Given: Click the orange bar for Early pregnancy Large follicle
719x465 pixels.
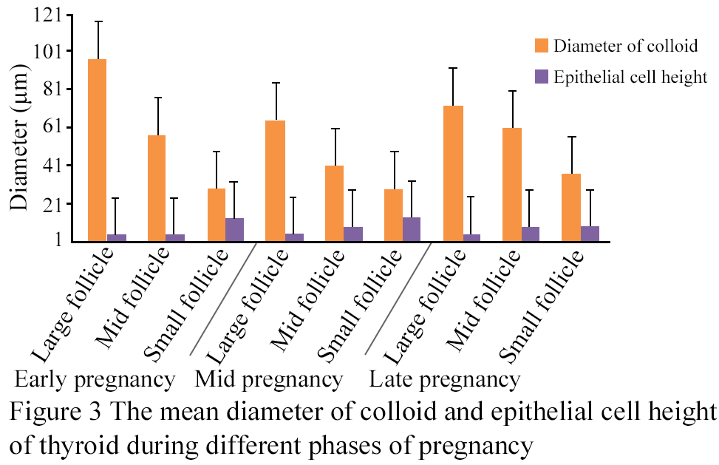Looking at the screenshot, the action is (x=98, y=150).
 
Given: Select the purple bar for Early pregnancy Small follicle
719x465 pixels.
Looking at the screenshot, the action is (x=234, y=229).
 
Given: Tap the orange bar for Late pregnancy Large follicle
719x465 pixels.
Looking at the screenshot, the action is (x=454, y=173).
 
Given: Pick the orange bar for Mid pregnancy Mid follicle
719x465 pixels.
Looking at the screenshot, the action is (x=334, y=203).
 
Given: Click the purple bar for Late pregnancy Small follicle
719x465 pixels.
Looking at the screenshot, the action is (x=590, y=234).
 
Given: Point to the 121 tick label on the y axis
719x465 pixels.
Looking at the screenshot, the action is (x=47, y=15).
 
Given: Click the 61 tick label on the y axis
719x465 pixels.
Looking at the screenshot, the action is (x=52, y=127).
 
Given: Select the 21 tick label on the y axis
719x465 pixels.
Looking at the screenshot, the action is (x=52, y=203).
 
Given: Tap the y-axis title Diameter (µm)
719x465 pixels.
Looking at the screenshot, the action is (x=20, y=138).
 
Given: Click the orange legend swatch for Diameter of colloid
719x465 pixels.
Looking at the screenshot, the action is (x=542, y=46).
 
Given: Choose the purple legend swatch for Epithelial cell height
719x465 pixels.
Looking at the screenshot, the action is (x=542, y=77).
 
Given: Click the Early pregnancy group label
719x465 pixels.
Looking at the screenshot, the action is (x=95, y=380).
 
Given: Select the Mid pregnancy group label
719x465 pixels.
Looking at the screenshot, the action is (x=269, y=380).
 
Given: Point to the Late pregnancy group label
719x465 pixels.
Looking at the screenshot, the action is (x=445, y=380).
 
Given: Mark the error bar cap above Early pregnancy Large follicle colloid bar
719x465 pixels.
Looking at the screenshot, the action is (x=98, y=21).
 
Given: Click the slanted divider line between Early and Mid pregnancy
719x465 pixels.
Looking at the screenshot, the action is (x=222, y=299).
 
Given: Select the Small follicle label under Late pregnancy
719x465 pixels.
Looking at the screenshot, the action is (x=541, y=306).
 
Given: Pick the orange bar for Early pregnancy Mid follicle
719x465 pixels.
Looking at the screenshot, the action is (x=157, y=188).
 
